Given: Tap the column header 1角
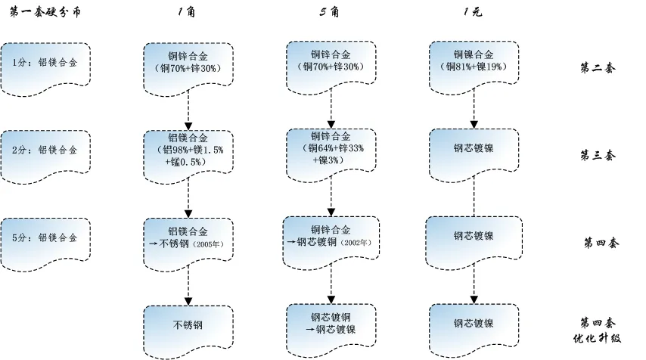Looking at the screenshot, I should pos(187,12).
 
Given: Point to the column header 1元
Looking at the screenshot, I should pos(473,12).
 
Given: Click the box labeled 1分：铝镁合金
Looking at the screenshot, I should pos(45,63).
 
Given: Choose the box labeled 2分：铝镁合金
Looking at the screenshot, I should pos(45,150).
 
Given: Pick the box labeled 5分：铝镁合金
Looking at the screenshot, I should pos(45,237).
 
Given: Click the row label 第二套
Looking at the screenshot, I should pos(598,68).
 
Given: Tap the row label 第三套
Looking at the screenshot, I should pos(598,155).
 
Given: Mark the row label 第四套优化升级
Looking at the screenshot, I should pos(598,329).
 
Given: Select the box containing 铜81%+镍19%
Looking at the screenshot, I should pos(474,62).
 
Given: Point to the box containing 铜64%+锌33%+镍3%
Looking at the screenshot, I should pos(331,149).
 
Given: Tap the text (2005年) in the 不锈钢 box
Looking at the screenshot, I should pos(209,244).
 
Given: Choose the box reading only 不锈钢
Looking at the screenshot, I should pos(188,326).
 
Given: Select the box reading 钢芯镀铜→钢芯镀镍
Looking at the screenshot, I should pos(331,323).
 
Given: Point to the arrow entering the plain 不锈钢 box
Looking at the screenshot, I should pos(188,284).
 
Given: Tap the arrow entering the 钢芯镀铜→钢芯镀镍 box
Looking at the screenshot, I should pos(331,284).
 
